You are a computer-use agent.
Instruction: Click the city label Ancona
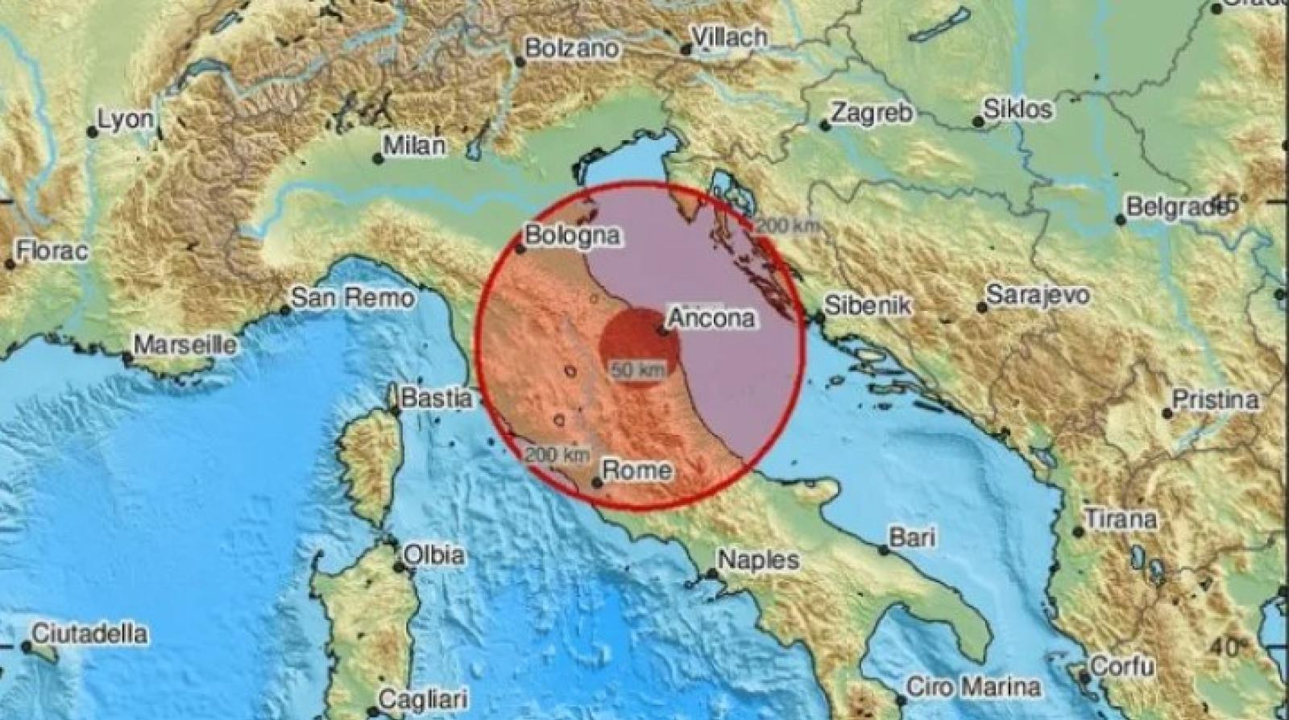712,319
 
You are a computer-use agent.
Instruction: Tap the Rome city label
637,470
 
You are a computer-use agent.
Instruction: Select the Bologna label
573,236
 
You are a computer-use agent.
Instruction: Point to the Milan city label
415,146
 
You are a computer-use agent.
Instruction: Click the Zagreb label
872,113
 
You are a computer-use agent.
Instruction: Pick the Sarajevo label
1038,295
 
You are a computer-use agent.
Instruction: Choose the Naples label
758,560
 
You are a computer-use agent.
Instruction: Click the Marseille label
185,346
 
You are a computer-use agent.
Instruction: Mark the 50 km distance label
639,371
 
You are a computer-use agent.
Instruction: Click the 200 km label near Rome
556,455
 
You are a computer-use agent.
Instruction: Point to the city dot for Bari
884,551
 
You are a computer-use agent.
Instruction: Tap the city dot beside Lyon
93,132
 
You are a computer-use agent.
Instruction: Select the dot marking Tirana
1079,532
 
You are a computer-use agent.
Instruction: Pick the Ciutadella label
90,634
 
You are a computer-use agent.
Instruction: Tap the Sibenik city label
868,305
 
